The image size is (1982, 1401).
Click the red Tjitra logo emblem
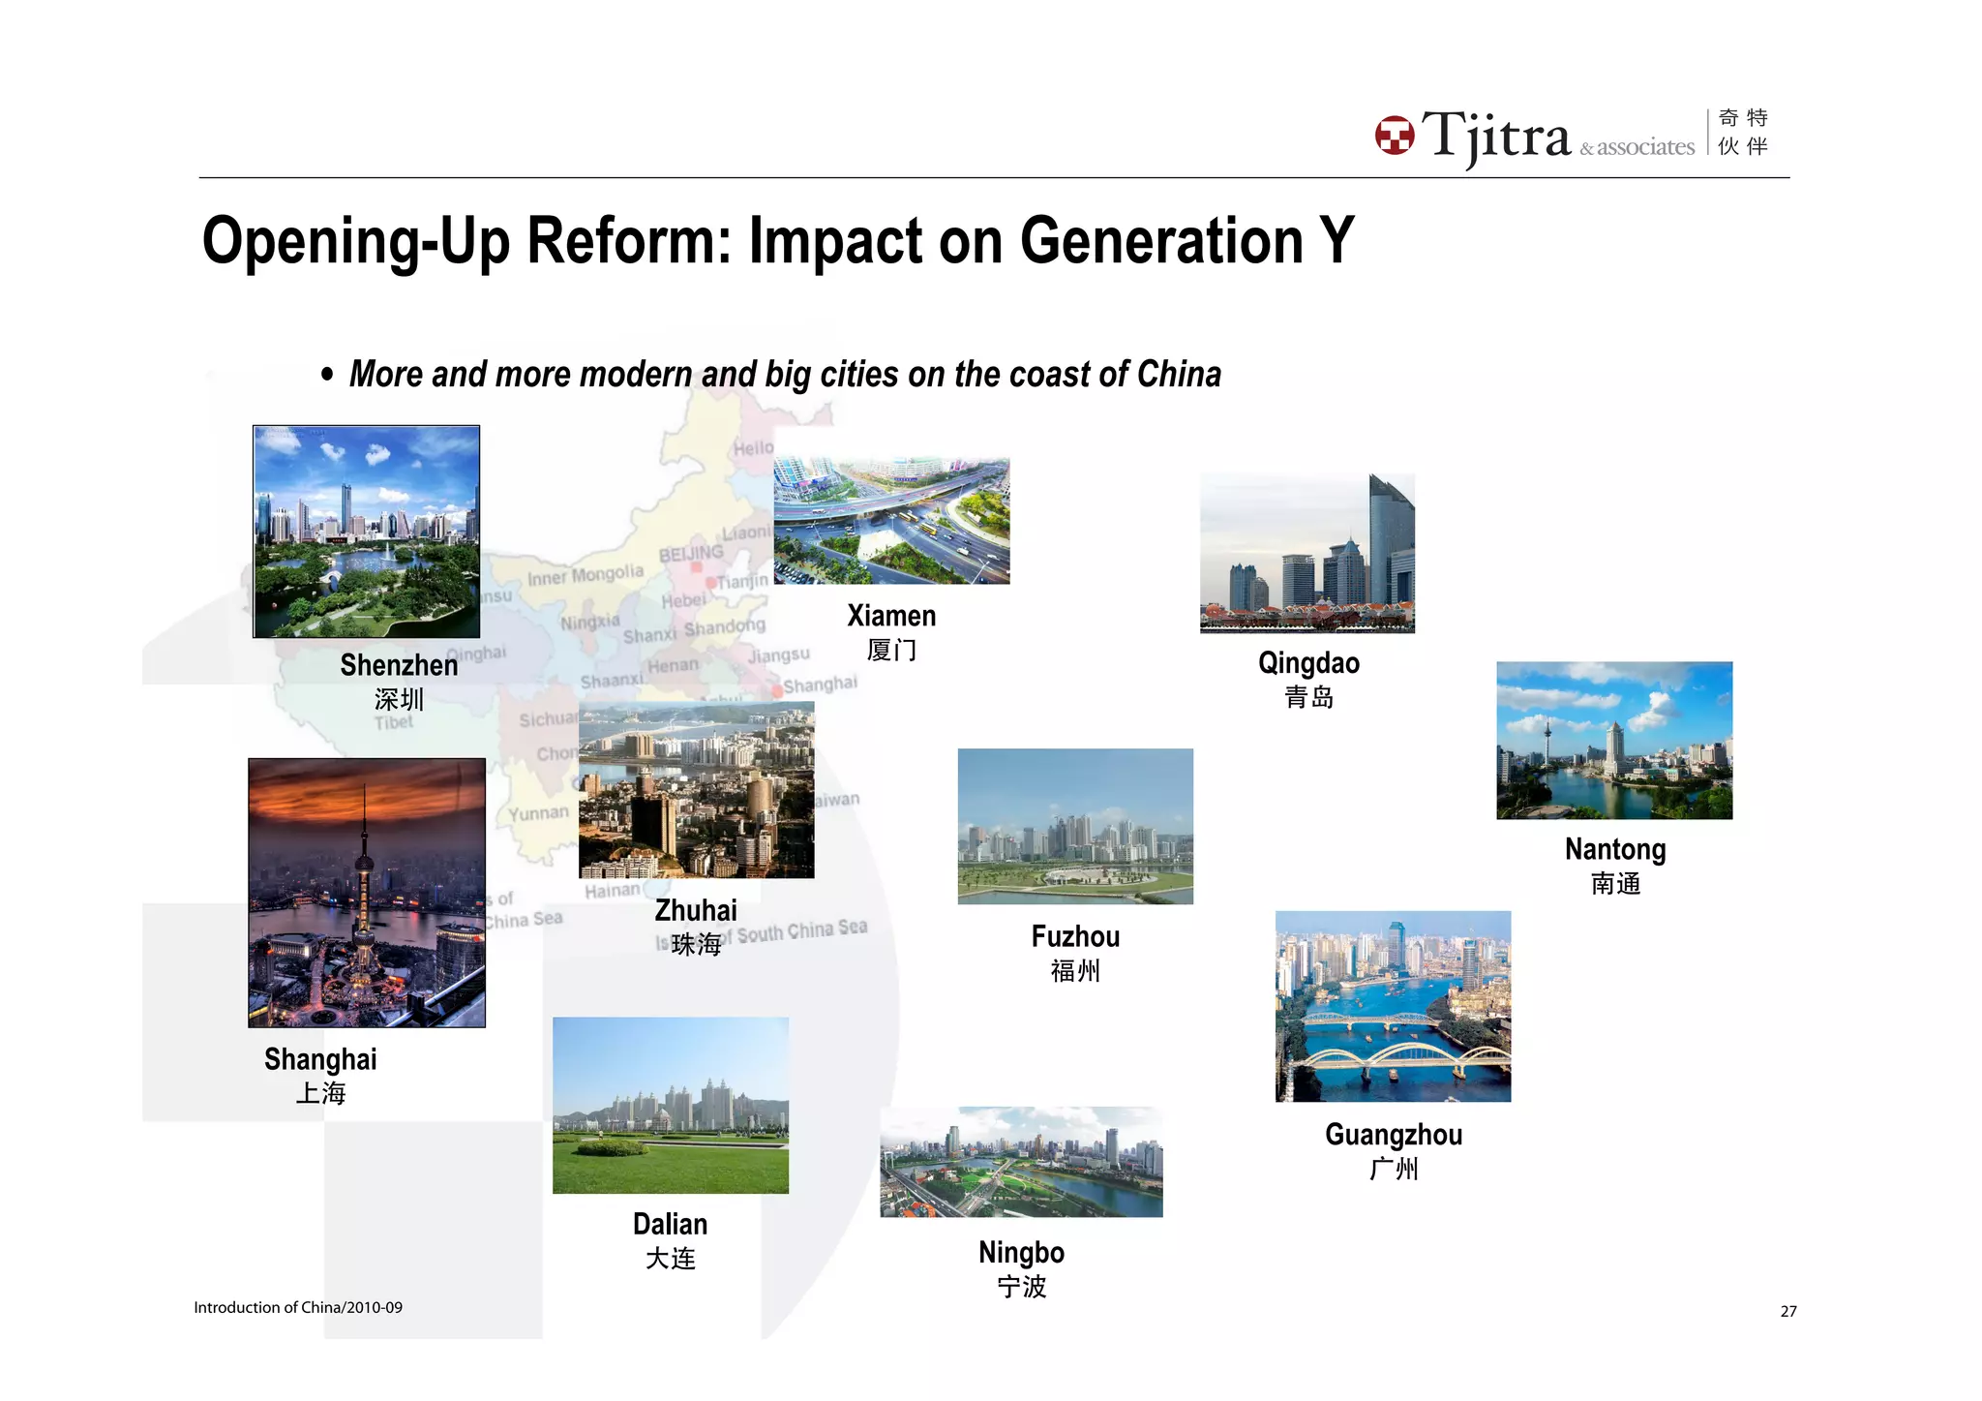click(x=1395, y=136)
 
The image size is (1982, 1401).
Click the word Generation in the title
click(x=1161, y=241)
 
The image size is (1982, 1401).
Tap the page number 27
click(x=1787, y=1311)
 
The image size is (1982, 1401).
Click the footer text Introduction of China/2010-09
click(x=298, y=1307)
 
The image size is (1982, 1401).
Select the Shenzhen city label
click(x=399, y=666)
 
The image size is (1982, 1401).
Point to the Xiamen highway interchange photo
click(x=891, y=521)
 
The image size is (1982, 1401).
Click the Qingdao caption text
click(x=1308, y=663)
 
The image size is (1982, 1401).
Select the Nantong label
click(x=1615, y=850)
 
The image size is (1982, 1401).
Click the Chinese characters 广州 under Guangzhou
click(x=1394, y=1169)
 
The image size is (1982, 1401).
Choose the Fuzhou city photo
click(x=1075, y=826)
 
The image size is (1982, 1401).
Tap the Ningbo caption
click(x=1021, y=1253)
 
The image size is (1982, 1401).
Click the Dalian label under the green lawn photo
click(x=670, y=1225)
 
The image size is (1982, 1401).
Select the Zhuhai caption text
click(x=696, y=911)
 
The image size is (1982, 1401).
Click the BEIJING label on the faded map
click(x=691, y=553)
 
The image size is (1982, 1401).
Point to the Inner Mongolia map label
click(x=585, y=575)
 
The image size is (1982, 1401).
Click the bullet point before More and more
click(x=327, y=375)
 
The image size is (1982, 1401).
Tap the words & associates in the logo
click(x=1637, y=148)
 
